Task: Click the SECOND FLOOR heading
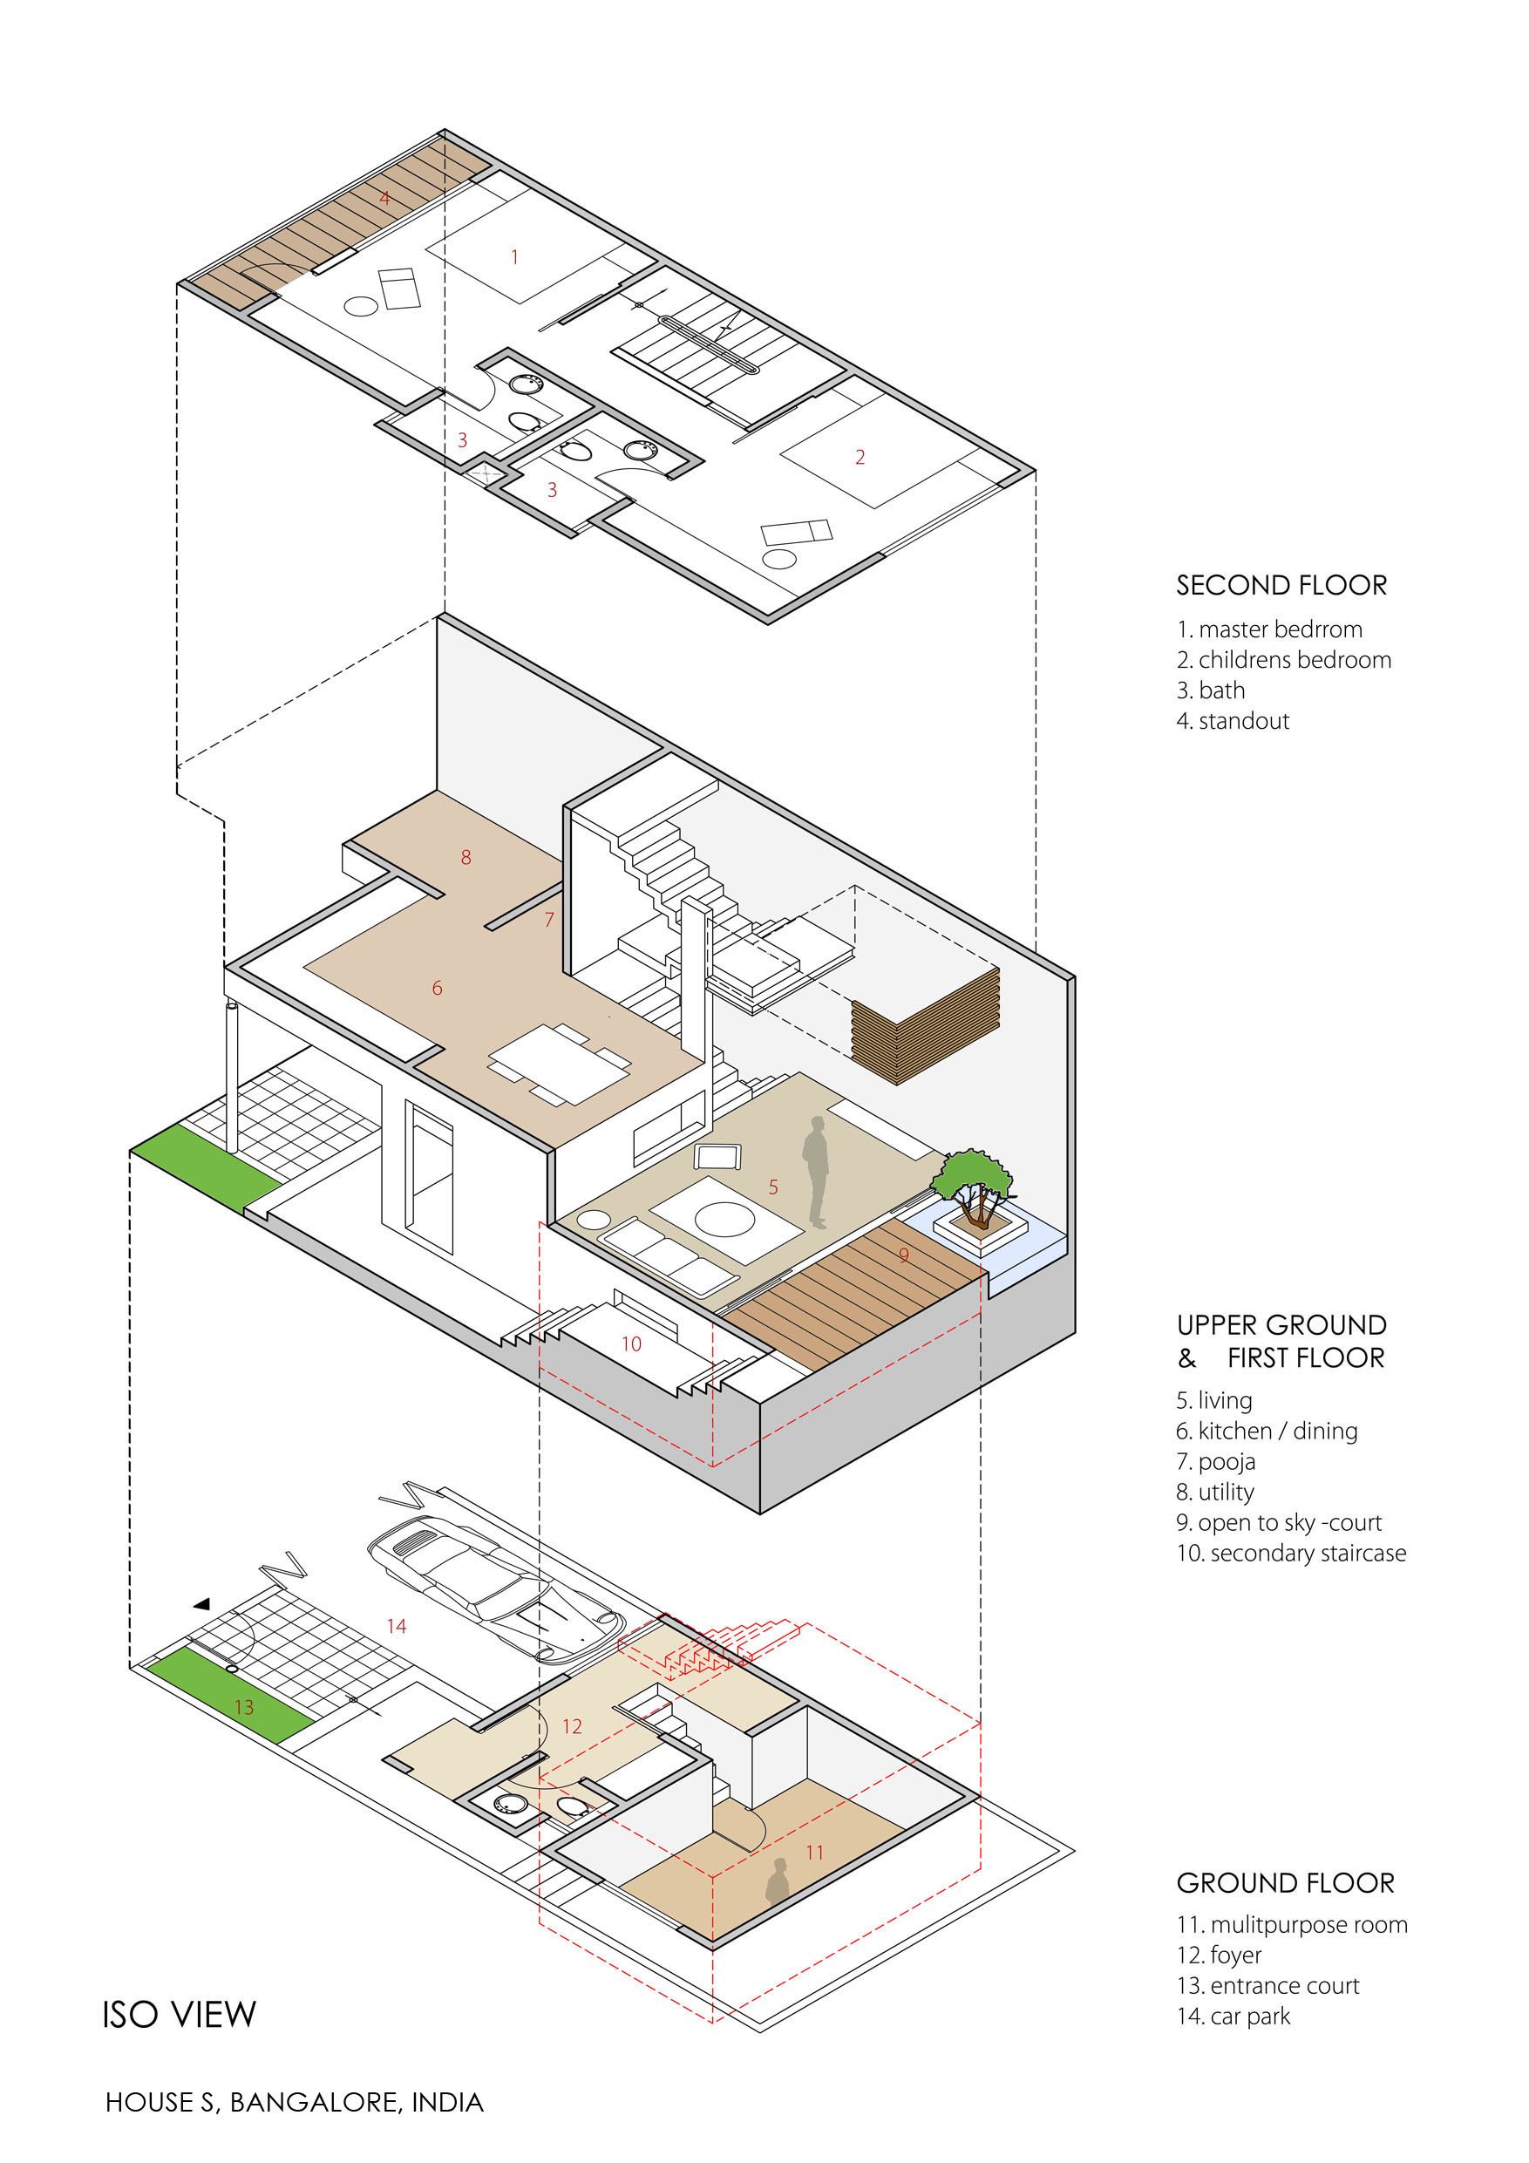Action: point(1281,585)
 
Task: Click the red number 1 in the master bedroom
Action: point(514,256)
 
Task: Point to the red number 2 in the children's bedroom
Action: point(860,457)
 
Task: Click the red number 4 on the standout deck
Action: point(384,198)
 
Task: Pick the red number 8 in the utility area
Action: point(465,857)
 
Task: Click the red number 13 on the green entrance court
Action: point(244,1707)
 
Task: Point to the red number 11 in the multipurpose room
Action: point(815,1852)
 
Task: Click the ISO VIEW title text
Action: point(179,2014)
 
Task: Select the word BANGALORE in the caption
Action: point(316,2102)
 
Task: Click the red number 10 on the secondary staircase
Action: point(631,1344)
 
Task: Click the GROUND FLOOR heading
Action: point(1285,1883)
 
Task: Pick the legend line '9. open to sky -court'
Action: point(1279,1522)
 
